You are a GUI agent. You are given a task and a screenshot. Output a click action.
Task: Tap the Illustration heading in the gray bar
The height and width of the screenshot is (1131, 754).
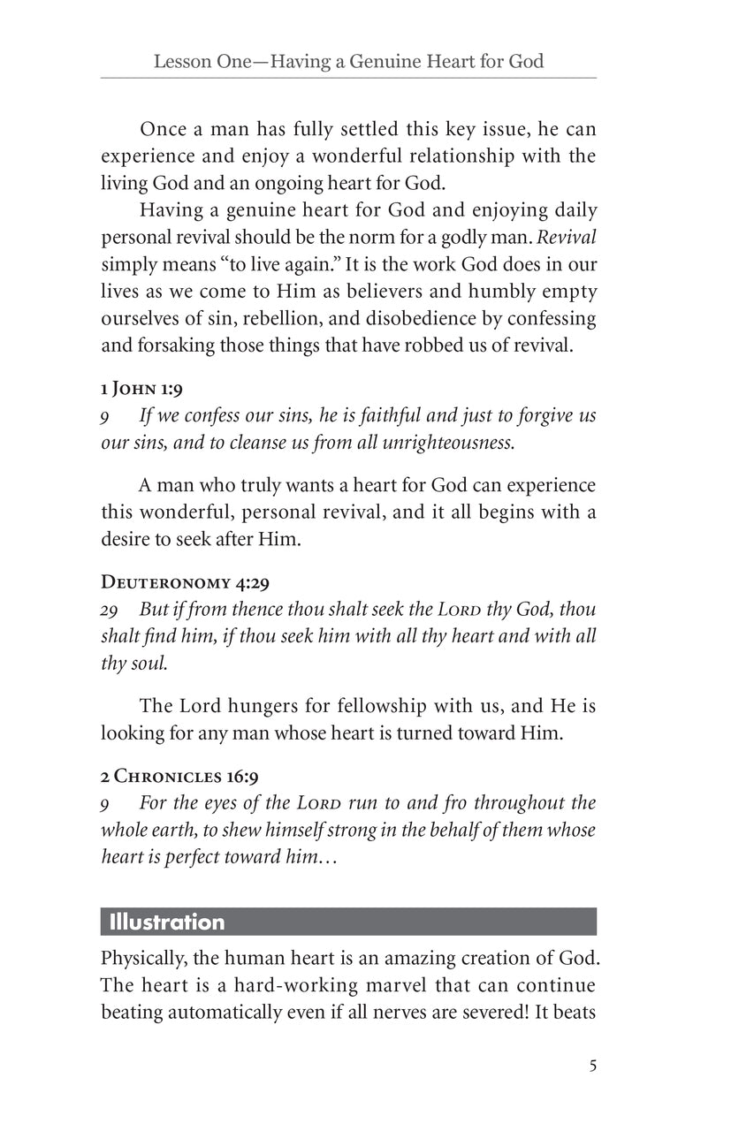pyautogui.click(x=166, y=922)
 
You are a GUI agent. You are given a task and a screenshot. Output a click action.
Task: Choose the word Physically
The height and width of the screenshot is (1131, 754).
pyautogui.click(x=143, y=958)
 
